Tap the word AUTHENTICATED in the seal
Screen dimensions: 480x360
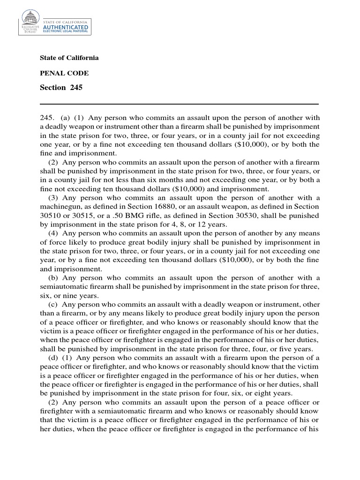pyautogui.click(x=65, y=28)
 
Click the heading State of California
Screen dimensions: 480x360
pyautogui.click(x=69, y=58)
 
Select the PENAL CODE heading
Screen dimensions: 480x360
pyautogui.click(x=64, y=73)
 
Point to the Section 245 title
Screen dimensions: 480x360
pyautogui.click(x=61, y=88)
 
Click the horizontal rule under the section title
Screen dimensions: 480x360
pyautogui.click(x=179, y=104)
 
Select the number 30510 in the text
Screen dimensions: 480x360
pyautogui.click(x=50, y=216)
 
